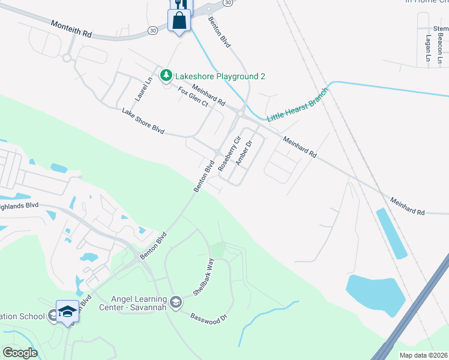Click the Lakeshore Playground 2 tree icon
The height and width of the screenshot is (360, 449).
point(166,76)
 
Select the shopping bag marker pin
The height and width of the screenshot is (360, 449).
point(179,21)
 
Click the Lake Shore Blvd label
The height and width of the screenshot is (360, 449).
point(143,121)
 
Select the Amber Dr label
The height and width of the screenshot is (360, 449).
point(243,153)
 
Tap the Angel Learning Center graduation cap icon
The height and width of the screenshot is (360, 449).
point(175,301)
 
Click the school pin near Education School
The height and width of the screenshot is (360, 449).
point(68,312)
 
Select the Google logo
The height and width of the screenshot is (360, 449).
point(20,353)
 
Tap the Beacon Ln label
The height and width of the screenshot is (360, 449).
point(439,46)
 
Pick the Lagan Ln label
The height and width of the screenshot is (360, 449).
point(428,48)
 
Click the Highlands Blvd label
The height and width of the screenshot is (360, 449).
point(19,205)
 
